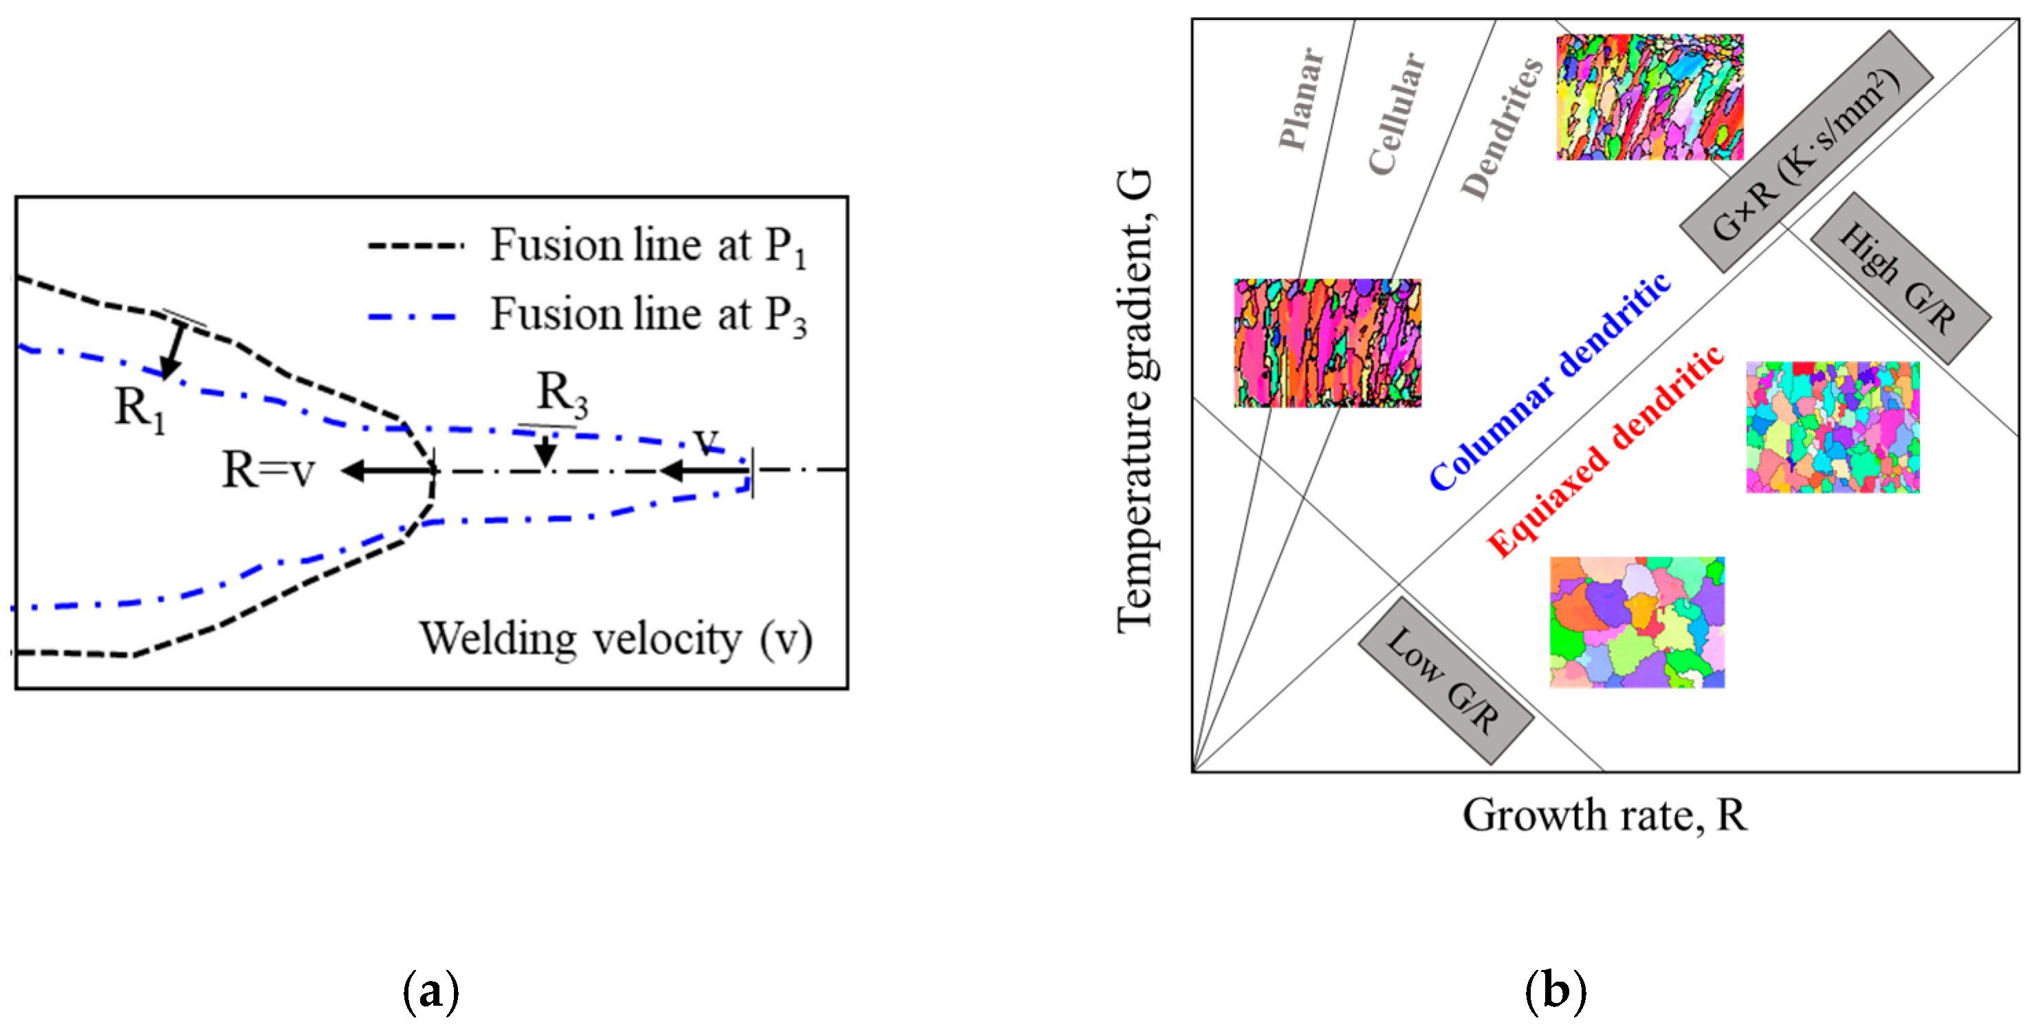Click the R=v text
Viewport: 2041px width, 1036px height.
click(268, 470)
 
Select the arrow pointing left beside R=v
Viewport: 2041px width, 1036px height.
click(389, 471)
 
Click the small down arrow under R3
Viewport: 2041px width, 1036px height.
click(545, 453)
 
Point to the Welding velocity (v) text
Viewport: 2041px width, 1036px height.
click(615, 639)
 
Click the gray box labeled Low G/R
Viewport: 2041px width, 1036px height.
click(1445, 680)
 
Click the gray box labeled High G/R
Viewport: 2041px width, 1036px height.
click(1900, 277)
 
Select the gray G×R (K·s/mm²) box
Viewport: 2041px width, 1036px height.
click(1807, 151)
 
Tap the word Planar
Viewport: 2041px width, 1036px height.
click(1301, 99)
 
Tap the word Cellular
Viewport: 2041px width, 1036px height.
click(1397, 114)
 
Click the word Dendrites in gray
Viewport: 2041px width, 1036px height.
click(1501, 129)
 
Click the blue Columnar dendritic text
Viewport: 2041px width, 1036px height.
click(1549, 382)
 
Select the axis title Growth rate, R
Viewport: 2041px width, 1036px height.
click(1604, 815)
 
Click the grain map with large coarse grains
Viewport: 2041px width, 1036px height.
click(1637, 623)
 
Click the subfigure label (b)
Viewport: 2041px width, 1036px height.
click(1555, 991)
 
